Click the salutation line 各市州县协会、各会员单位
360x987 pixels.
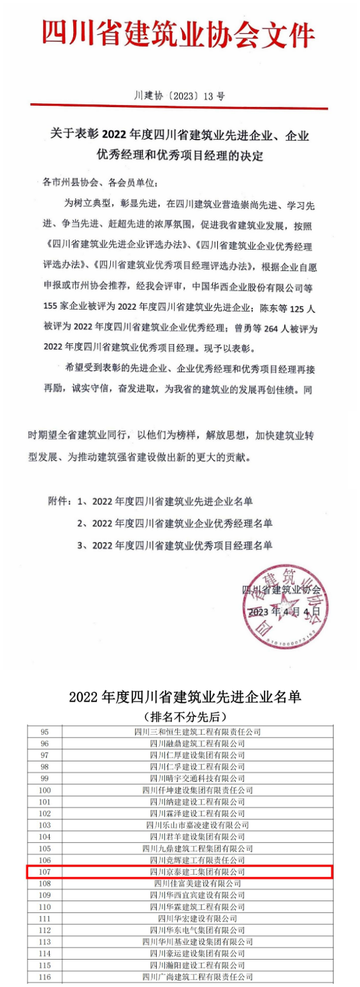[x=99, y=182]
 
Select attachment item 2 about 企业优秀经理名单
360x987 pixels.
[x=175, y=523]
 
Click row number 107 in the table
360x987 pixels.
[x=44, y=871]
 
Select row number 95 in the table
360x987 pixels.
[x=44, y=731]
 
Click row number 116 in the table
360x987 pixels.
[x=44, y=976]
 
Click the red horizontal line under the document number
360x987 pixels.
[x=179, y=108]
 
